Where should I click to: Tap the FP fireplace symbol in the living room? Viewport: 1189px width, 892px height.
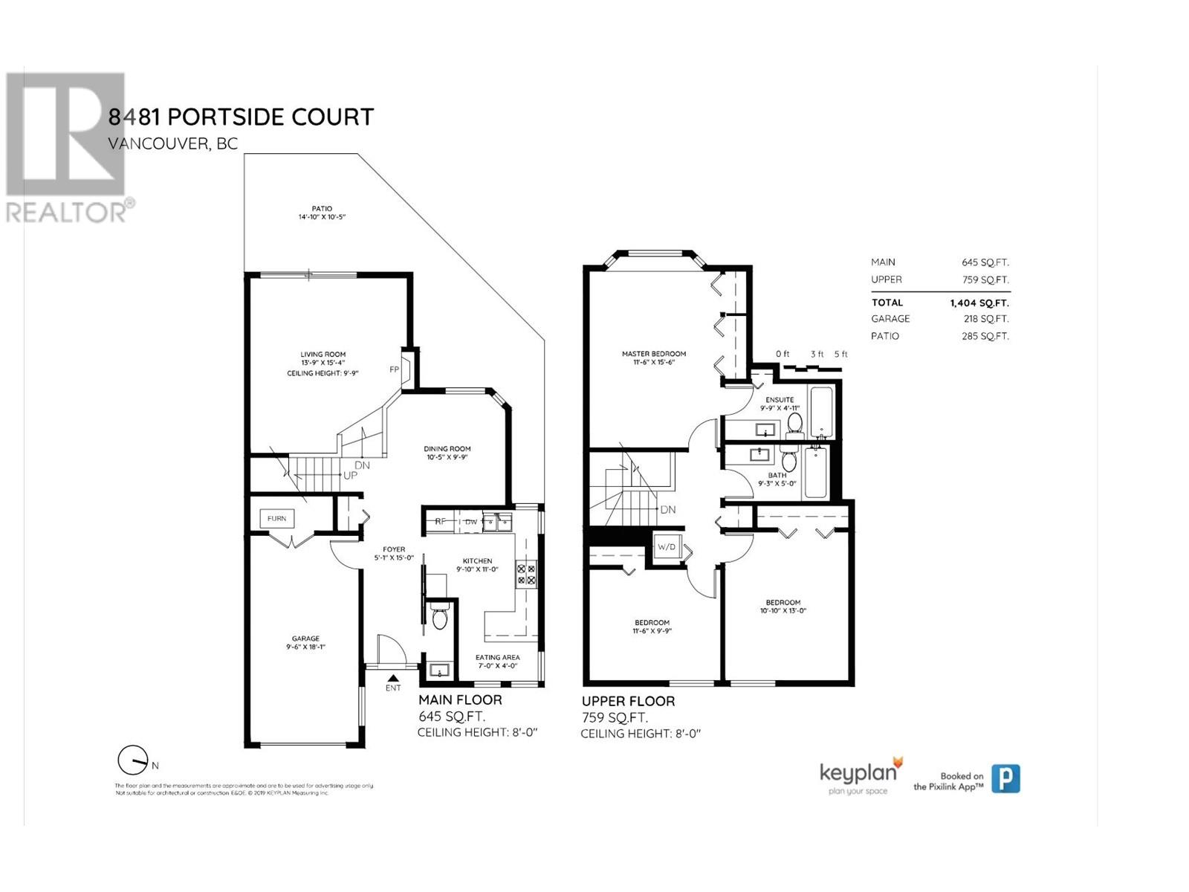[395, 369]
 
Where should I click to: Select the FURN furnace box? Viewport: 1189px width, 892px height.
[276, 518]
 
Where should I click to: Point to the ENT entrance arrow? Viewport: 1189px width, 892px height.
[393, 678]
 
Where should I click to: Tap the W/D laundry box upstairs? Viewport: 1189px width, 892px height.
[667, 547]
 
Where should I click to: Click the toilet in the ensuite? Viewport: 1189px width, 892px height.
[794, 424]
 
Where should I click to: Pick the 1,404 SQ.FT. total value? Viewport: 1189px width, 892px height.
[979, 303]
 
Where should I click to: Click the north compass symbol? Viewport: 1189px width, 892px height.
[134, 760]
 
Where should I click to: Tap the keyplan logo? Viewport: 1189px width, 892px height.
[861, 775]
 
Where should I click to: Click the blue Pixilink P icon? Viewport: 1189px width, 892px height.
[1005, 778]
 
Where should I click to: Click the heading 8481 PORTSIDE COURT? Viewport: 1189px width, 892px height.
[241, 117]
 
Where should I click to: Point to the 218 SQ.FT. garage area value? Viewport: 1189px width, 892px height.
[986, 319]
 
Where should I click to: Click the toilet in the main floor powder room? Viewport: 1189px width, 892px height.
[439, 618]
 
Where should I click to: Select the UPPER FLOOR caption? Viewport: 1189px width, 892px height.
[628, 701]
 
